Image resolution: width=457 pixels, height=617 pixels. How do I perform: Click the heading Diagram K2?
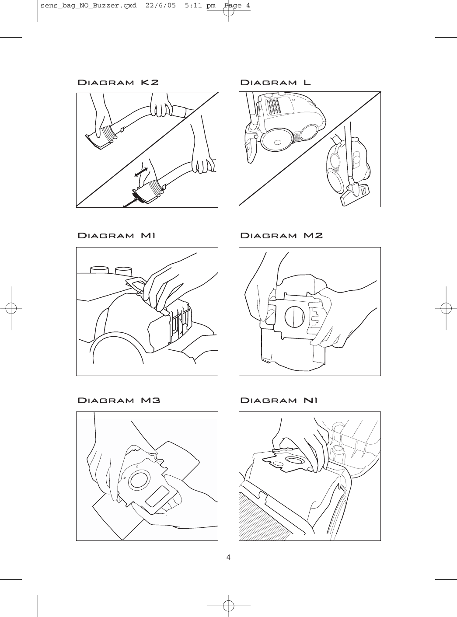pos(118,83)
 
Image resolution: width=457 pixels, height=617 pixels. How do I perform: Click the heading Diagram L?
pos(276,83)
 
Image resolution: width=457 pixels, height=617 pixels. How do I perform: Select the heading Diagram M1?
pos(116,236)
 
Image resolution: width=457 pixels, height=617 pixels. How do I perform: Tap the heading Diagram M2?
pos(282,236)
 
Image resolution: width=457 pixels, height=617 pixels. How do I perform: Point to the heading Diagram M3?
pos(119,400)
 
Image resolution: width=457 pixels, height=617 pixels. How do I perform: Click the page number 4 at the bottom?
pos(228,557)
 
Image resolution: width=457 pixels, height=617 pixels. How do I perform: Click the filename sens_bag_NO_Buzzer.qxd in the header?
pos(88,6)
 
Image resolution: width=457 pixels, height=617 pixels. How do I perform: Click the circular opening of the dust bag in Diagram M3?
pos(139,479)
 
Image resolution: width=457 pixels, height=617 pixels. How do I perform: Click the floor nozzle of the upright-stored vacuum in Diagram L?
pos(355,195)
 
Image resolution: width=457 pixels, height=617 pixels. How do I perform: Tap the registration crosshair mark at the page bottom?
pos(228,606)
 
